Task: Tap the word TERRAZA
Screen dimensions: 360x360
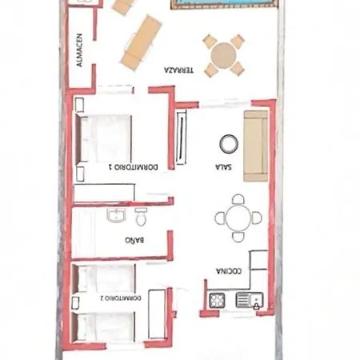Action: [x=179, y=70]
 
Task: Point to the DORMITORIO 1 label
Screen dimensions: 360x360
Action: [x=133, y=167]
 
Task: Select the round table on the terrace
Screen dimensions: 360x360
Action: [x=224, y=54]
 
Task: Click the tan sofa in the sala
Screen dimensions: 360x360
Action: [x=256, y=145]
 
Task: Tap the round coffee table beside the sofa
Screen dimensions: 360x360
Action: [x=229, y=143]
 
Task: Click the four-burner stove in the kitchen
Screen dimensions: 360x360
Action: [x=217, y=301]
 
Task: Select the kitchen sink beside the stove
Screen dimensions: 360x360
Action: [x=247, y=302]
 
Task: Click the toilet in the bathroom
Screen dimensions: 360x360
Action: [x=141, y=217]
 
